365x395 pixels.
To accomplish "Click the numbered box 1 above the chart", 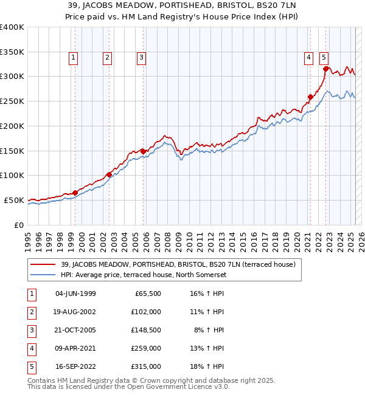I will click(x=73, y=58).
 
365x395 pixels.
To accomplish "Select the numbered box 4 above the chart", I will click(x=309, y=58).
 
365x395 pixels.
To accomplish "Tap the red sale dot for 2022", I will click(x=325, y=69).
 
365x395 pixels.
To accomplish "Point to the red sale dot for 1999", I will click(x=75, y=193).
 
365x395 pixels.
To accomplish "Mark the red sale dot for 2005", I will click(x=143, y=151).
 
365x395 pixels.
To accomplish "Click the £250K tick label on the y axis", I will click(x=12, y=101).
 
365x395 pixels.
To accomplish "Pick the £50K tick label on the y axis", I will click(x=14, y=200).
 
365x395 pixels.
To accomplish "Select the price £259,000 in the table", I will click(x=147, y=348).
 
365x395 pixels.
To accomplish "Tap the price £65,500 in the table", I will click(x=148, y=294).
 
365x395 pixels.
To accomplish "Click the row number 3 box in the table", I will click(x=30, y=330).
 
